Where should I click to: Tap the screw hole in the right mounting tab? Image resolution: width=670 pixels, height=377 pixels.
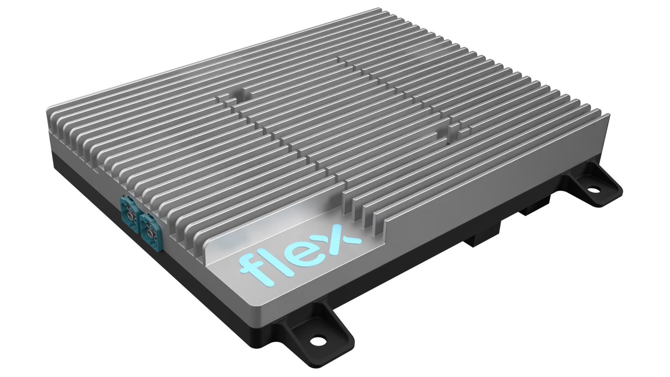pos(591,190)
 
